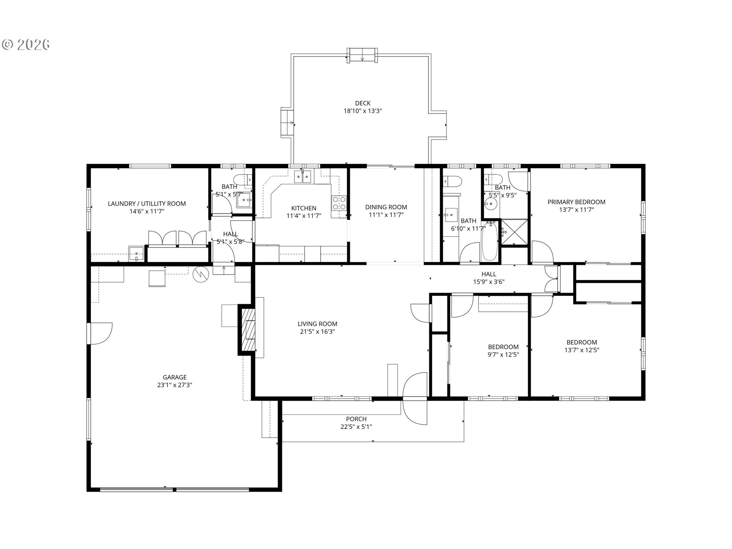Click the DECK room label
[363, 103]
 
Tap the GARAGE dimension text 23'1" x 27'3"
[175, 385]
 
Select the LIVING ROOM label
[317, 324]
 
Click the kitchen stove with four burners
[339, 203]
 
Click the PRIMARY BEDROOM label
[576, 202]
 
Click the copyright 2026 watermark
[26, 45]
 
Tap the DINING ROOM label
[386, 207]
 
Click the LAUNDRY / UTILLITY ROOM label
[147, 204]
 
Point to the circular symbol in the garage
[201, 274]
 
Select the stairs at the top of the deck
[362, 55]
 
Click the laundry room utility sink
[136, 253]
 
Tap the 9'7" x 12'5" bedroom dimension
[503, 355]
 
